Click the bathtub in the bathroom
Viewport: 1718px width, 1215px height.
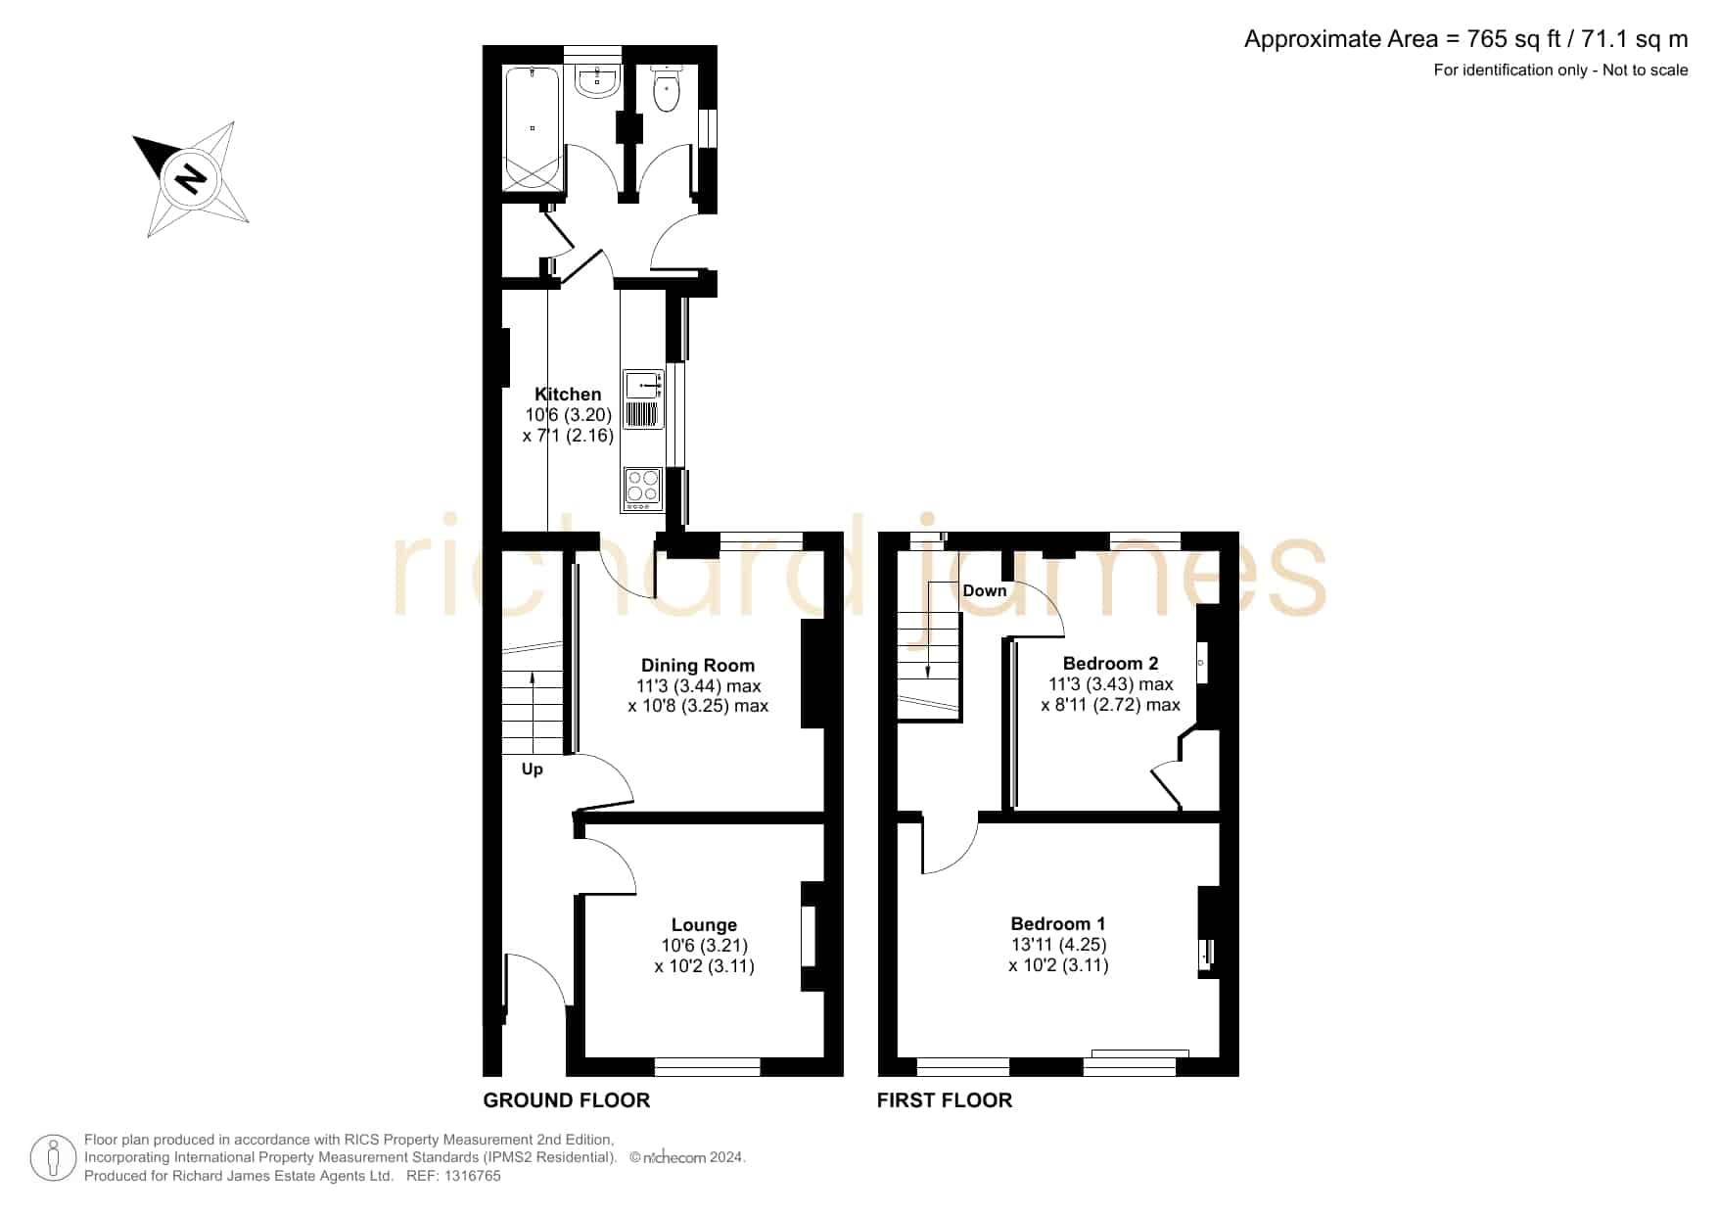click(x=533, y=128)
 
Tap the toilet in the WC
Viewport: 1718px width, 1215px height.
click(x=666, y=88)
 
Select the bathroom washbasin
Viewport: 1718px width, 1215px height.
click(x=596, y=82)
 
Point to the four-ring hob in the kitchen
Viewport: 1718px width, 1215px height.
click(x=642, y=489)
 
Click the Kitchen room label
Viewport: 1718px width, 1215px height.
click(x=568, y=395)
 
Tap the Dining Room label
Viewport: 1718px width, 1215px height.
click(x=698, y=666)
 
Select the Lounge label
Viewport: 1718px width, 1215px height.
click(x=704, y=925)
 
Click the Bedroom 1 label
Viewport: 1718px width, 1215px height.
click(x=1058, y=924)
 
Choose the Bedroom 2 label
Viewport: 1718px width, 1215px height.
click(x=1110, y=664)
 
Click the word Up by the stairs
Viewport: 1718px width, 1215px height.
click(x=532, y=770)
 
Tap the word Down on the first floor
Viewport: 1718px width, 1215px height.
click(x=984, y=590)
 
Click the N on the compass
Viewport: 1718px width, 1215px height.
click(x=190, y=178)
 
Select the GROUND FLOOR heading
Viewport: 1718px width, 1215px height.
click(x=567, y=1100)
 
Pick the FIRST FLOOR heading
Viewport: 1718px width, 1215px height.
click(x=945, y=1100)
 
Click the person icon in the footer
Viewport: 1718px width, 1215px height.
click(x=53, y=1158)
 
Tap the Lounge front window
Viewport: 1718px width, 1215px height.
click(x=707, y=1067)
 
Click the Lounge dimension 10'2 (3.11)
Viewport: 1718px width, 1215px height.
click(x=704, y=966)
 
